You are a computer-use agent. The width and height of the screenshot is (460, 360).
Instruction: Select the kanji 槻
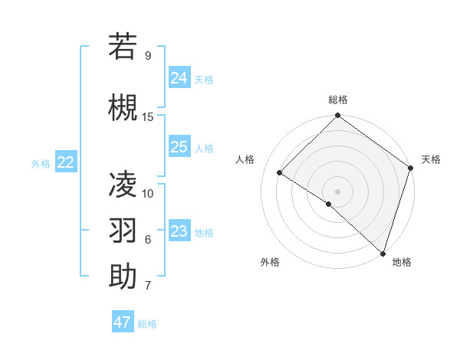coord(123,107)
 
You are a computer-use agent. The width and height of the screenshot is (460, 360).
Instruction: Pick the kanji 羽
coord(123,230)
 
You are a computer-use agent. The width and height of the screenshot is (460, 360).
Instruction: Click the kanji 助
coord(123,277)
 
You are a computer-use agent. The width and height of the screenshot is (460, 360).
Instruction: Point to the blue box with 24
coord(179,77)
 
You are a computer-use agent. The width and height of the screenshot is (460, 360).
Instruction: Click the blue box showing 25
coord(179,147)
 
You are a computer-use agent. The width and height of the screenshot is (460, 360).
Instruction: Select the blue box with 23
coord(179,231)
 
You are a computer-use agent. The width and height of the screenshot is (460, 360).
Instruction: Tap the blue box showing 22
coord(66,162)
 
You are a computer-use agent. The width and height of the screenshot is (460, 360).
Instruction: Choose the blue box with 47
coord(123,322)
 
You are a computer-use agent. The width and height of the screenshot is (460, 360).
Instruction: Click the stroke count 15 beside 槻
coord(148,116)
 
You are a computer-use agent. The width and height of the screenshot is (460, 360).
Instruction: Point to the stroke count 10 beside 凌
coord(148,193)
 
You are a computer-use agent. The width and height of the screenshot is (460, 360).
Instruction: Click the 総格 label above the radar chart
coord(337,100)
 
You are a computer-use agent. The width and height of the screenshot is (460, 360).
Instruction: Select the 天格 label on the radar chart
coord(431,159)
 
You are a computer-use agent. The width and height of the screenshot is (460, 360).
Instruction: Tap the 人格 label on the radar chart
coord(245,159)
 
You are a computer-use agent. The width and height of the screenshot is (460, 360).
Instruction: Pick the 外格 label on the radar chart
coord(270,262)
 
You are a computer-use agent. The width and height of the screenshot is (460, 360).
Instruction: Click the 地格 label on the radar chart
coord(402,262)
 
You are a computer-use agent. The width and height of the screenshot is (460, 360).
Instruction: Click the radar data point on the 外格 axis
coord(329,204)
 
